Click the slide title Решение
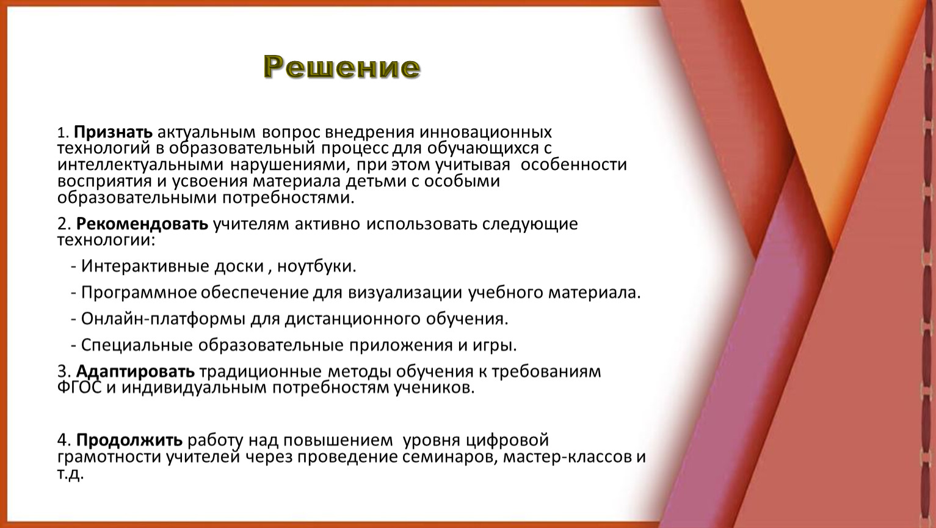click(342, 67)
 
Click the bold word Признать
click(113, 133)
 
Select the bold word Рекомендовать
click(142, 224)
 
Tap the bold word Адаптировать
click(136, 372)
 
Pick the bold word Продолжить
click(129, 441)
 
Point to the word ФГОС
click(79, 388)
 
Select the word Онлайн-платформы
click(163, 319)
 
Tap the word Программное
click(139, 293)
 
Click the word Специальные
click(137, 346)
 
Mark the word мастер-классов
click(567, 457)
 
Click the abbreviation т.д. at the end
click(71, 474)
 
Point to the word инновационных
click(486, 133)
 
